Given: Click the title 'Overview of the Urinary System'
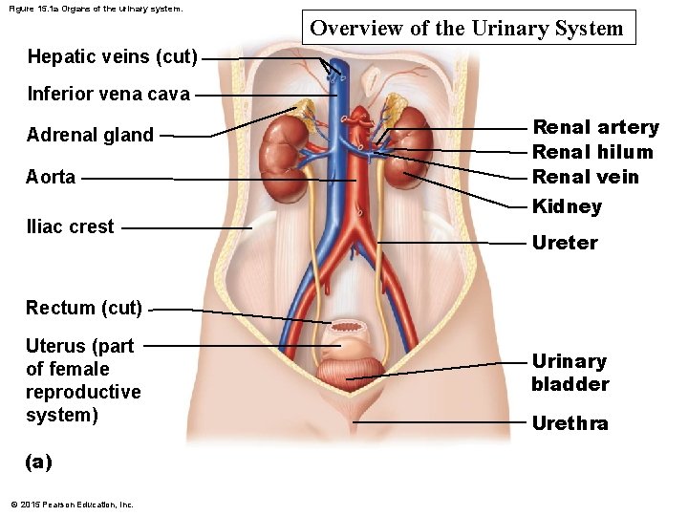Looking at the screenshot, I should coord(466,29).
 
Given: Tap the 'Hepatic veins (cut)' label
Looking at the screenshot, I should coord(113,57).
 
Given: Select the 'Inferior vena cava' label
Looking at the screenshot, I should coord(109,95).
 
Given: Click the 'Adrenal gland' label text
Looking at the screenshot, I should coord(90,135).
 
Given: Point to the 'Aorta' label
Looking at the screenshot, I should coord(51,177).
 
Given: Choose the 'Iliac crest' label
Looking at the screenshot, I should coord(70,226).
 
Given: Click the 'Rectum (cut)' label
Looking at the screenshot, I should coord(84,308).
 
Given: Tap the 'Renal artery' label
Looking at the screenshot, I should coord(595,127).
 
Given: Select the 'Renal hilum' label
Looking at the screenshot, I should coord(592,152).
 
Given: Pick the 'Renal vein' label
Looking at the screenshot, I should coord(585,177).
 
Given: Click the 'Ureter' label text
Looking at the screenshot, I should coord(565,243).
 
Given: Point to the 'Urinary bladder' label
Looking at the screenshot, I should coord(570,373).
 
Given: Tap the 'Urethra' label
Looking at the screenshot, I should coord(570,423).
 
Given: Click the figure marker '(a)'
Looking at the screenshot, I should coord(38,462).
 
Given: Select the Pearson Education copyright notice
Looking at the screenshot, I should coord(72,505).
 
